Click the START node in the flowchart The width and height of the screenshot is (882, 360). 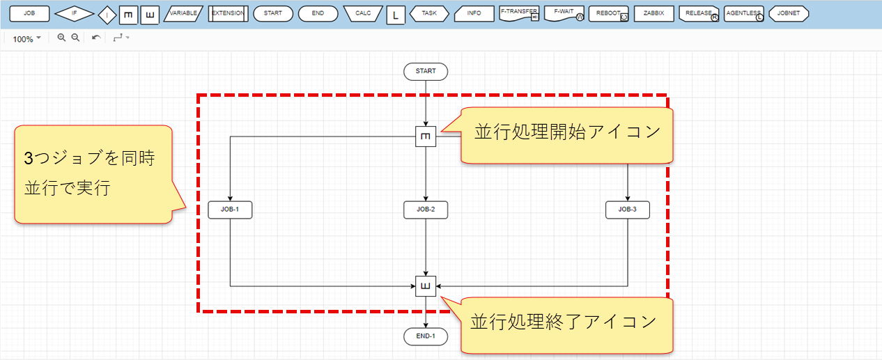tap(425, 71)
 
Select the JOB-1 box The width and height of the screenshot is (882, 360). tap(230, 210)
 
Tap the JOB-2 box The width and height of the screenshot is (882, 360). tap(425, 210)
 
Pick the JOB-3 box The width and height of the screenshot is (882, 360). tap(628, 210)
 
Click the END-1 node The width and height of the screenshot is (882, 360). tap(425, 337)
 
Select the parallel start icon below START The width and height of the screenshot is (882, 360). tap(425, 137)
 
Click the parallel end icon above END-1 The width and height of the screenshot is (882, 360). tap(425, 286)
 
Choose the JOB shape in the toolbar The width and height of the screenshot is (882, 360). tap(28, 13)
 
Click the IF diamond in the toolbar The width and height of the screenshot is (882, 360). tap(75, 13)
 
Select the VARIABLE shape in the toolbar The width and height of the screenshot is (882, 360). tap(184, 13)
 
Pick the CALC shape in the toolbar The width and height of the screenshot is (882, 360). tap(363, 13)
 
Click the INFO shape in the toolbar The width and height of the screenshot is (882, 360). tap(474, 13)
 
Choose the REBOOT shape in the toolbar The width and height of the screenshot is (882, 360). tap(608, 13)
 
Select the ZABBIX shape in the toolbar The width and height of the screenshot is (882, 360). tap(653, 13)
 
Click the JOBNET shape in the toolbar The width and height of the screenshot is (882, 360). tap(788, 13)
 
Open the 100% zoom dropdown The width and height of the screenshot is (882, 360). tap(26, 39)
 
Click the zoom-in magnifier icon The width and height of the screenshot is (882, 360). tap(61, 38)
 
